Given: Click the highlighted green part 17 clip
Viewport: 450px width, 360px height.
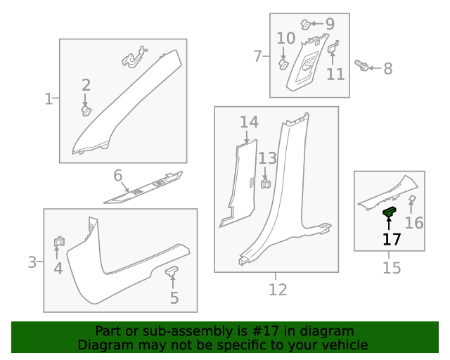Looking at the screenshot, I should (390, 211).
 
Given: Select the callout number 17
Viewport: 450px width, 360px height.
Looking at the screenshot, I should (392, 239).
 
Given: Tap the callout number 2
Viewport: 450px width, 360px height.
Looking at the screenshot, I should (86, 86).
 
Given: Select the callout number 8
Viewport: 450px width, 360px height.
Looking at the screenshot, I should (387, 68).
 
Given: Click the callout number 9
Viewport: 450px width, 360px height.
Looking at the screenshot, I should (329, 24).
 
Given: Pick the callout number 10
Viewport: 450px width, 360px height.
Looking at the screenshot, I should (285, 38).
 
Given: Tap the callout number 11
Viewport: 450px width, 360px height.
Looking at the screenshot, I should (335, 73).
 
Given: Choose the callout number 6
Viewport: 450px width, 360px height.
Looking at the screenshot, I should (117, 175).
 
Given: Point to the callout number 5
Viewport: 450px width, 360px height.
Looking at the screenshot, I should (174, 297).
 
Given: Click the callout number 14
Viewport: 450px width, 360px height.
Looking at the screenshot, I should (249, 122).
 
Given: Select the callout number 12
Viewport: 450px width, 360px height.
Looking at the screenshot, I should (278, 289).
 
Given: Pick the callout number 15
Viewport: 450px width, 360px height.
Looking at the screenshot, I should (392, 268).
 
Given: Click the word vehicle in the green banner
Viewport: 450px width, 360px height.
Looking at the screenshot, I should (343, 345).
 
